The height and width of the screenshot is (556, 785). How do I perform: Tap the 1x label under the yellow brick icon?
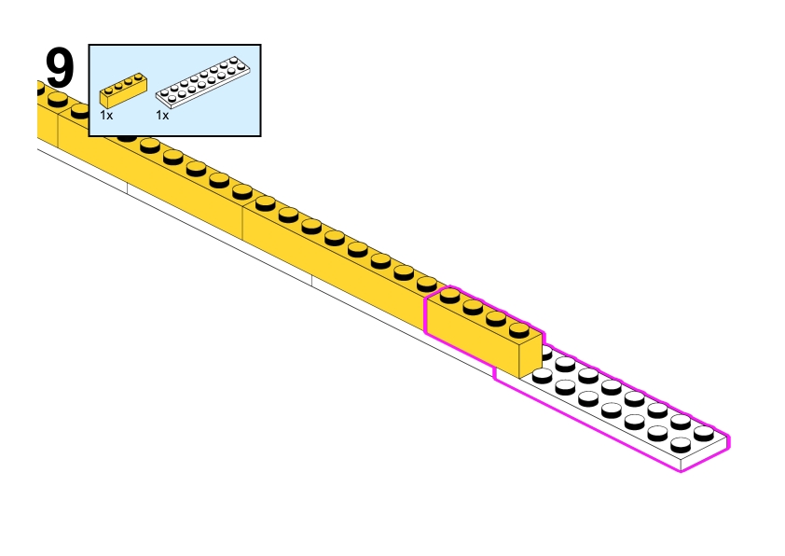106,116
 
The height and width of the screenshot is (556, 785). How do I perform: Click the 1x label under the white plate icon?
162,116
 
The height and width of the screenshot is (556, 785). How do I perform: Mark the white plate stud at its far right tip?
704,431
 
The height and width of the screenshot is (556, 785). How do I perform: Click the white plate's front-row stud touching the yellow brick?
541,375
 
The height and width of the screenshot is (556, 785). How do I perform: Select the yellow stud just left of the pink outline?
427,283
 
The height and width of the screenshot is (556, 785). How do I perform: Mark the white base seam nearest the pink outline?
312,281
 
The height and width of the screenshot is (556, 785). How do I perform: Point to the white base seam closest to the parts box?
127,188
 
